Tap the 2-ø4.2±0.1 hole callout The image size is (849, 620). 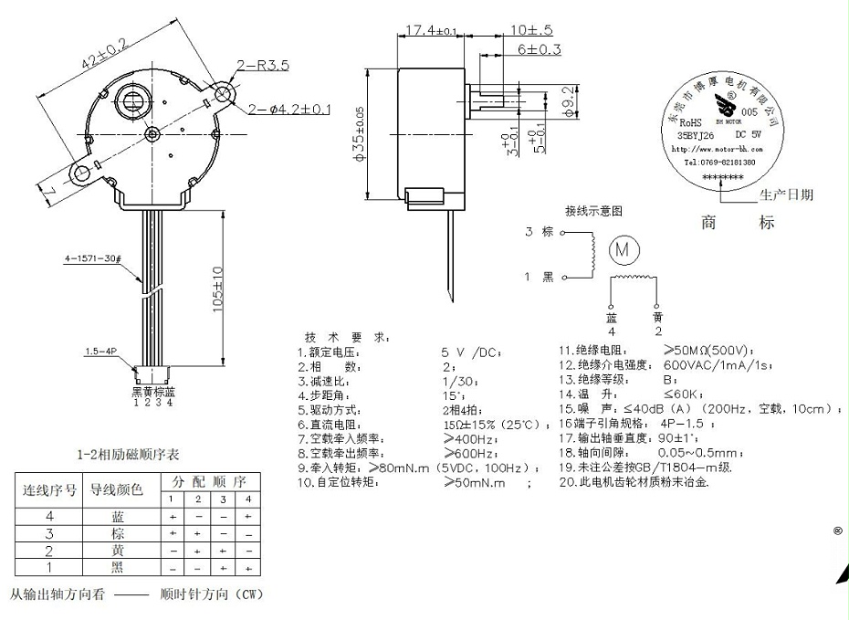289,110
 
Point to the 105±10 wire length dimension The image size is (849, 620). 218,290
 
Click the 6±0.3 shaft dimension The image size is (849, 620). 540,49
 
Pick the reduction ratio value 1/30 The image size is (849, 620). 457,381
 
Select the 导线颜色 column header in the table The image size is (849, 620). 114,490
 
